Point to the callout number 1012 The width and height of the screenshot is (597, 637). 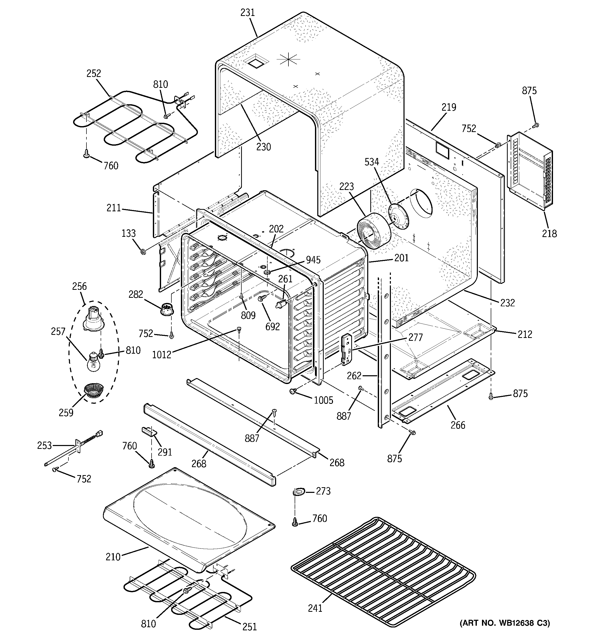point(162,355)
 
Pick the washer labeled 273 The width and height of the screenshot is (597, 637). point(299,491)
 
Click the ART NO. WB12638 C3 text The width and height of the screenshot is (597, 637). point(505,623)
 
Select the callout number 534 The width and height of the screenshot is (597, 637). point(372,162)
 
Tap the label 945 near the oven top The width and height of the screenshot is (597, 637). point(313,260)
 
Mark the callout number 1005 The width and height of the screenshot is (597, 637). point(323,400)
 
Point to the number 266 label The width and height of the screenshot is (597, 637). point(458,425)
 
